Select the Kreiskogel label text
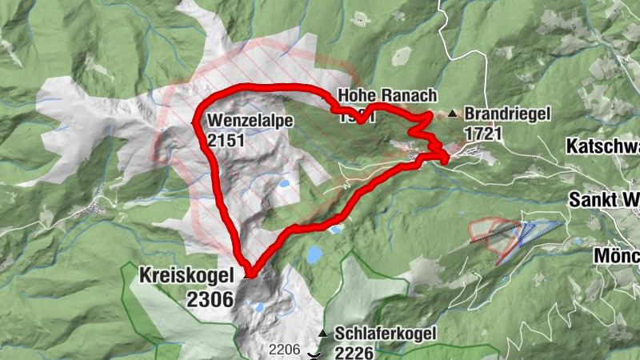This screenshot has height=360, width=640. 187,275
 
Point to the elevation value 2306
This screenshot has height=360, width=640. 210,299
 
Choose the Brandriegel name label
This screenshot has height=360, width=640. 507,115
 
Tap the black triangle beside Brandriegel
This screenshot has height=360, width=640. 454,114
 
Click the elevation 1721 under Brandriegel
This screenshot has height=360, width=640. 482,133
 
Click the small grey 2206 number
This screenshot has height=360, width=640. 284,350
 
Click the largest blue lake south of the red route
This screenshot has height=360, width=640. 314,255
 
